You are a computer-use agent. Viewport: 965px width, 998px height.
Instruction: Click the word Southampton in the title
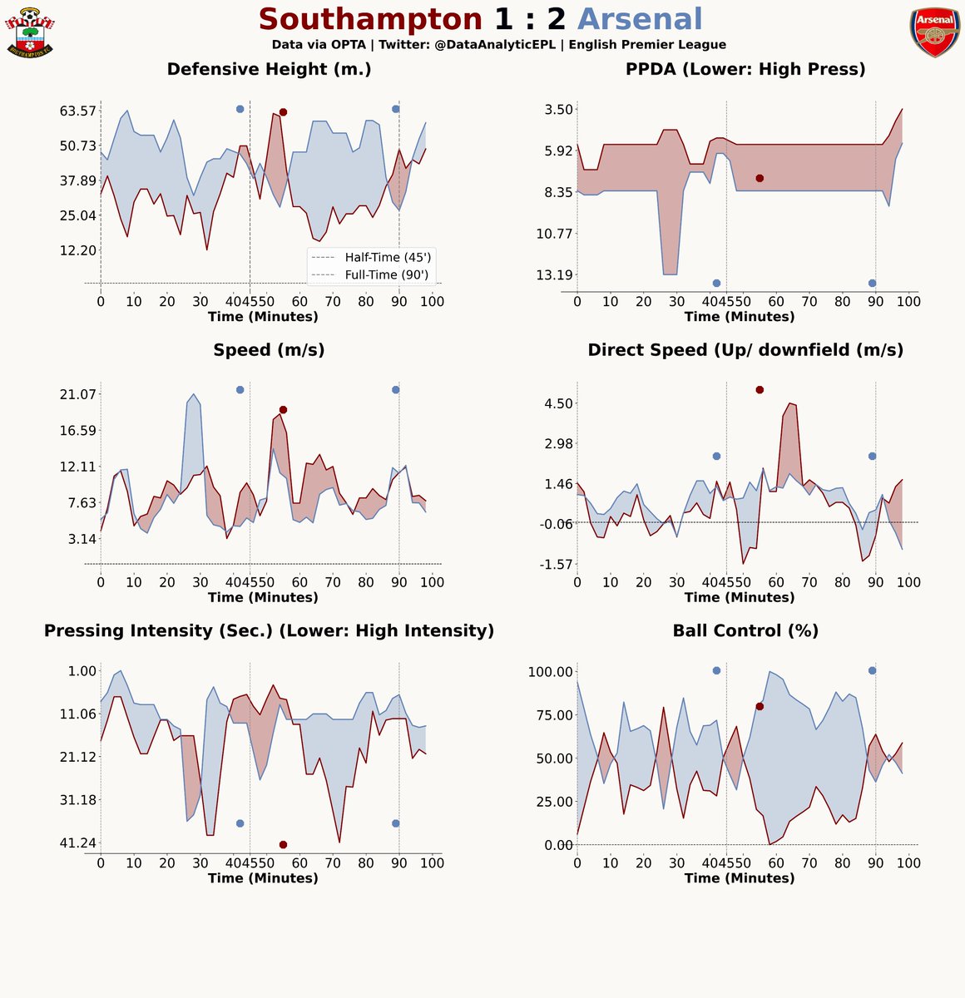(370, 19)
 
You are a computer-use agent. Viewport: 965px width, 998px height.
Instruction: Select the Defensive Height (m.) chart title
(269, 69)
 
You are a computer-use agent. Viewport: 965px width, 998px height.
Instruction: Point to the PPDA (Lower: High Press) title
(745, 69)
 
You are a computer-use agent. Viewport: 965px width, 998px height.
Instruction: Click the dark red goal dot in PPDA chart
(760, 178)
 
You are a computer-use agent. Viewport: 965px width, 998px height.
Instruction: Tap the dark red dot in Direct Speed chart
(760, 389)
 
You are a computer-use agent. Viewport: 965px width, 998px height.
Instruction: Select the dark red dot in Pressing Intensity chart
(283, 844)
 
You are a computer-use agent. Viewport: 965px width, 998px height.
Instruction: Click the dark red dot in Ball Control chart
(760, 706)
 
